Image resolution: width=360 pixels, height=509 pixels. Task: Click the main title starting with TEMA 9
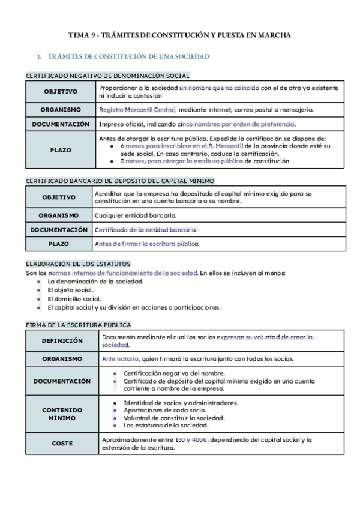point(180,35)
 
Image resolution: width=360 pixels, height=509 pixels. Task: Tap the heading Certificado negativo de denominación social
point(107,76)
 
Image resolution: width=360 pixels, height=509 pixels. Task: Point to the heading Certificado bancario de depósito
point(120,181)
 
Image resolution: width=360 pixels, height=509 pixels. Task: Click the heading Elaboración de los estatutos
point(78,264)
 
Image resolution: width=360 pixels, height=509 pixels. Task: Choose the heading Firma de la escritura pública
point(78,325)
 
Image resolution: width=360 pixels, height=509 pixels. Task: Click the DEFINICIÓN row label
point(62,340)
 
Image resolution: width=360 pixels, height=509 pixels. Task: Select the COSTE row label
point(62,444)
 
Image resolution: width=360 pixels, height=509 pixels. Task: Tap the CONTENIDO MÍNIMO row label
point(62,414)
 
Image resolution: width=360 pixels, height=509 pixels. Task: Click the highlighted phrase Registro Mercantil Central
point(137,110)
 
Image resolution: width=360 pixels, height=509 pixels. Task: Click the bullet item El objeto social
point(70,290)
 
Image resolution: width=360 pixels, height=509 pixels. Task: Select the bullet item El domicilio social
point(74,298)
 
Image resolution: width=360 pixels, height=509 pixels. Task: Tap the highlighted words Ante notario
point(120,359)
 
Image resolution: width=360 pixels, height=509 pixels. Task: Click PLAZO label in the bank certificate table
point(59,244)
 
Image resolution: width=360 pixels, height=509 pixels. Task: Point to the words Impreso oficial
point(120,124)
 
